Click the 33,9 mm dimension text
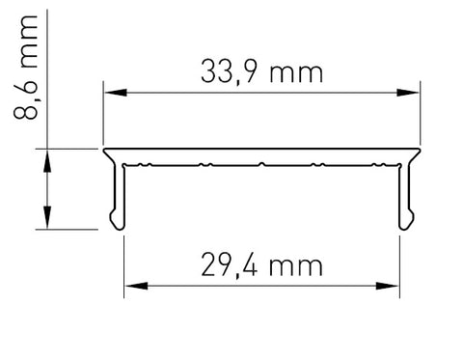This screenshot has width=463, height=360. [261, 73]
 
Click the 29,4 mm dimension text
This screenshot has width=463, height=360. [261, 265]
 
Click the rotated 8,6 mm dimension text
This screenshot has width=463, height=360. [26, 68]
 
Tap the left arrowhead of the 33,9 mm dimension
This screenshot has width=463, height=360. [116, 93]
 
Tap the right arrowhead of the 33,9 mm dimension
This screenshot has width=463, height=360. [408, 93]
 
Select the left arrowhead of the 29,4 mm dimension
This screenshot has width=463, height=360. [137, 286]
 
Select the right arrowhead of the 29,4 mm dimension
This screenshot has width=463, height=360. [387, 286]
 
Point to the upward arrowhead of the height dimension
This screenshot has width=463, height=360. [47, 161]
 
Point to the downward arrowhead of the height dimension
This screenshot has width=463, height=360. [47, 217]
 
